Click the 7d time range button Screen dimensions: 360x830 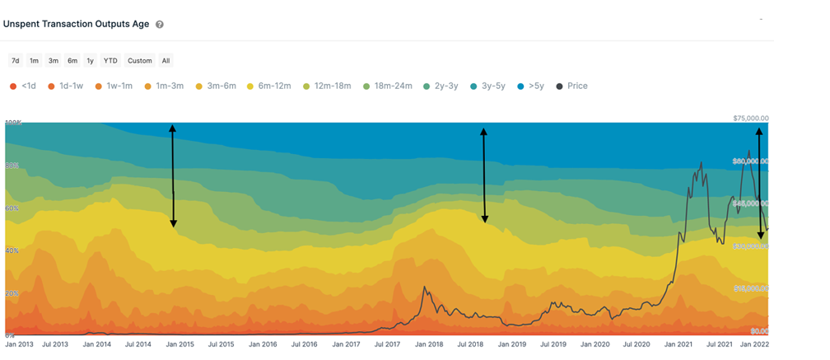[16, 60]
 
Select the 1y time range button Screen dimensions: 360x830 [91, 60]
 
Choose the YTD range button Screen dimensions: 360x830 [110, 60]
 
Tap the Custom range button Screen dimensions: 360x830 [140, 60]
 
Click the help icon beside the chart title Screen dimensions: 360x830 [160, 25]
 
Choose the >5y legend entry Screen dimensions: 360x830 [530, 86]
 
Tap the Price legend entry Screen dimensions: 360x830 [572, 86]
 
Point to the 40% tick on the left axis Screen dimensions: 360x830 [11, 250]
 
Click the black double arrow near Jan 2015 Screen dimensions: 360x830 [173, 175]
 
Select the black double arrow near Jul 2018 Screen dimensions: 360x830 [484, 175]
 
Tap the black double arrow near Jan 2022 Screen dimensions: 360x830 [759, 183]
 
